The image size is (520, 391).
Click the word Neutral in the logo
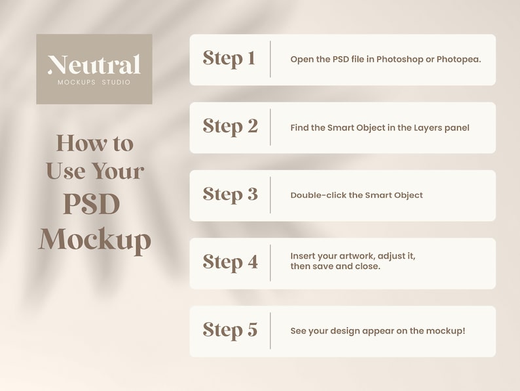pos(94,64)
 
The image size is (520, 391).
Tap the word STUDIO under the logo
pos(116,82)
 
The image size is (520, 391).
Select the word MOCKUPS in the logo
pos(77,82)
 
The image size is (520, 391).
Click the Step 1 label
pos(229,59)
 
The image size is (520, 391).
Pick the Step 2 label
pos(230,127)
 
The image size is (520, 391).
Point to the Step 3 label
pos(230,194)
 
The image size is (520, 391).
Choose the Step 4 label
pos(230,262)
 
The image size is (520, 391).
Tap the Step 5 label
pos(230,330)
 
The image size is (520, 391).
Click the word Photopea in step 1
pos(458,60)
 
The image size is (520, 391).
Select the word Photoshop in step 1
pos(399,60)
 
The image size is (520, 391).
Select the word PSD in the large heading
pos(92,203)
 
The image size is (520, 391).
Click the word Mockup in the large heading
pos(95,241)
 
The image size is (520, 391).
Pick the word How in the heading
pos(82,143)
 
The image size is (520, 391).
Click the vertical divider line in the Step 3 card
pos(270,195)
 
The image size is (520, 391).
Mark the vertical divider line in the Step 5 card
pos(270,331)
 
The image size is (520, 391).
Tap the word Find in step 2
pos(299,128)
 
